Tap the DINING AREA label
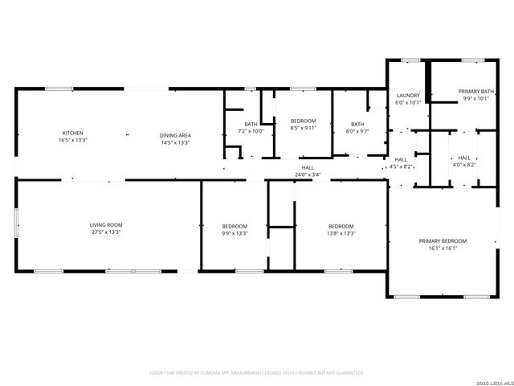[174, 135]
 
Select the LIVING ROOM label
[106, 225]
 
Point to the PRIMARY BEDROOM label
[443, 241]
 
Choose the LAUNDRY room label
[409, 95]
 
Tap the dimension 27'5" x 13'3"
[106, 233]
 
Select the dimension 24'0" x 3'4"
[308, 175]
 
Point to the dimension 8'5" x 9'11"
[304, 127]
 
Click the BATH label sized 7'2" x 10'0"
[251, 124]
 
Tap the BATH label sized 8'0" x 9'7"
[357, 124]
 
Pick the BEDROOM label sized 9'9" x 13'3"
[235, 226]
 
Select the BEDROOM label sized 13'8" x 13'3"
[341, 226]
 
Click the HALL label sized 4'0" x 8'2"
[464, 158]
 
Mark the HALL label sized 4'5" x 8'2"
[401, 159]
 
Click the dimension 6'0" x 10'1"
[409, 103]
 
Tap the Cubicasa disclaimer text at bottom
[257, 373]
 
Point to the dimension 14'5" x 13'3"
[174, 142]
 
